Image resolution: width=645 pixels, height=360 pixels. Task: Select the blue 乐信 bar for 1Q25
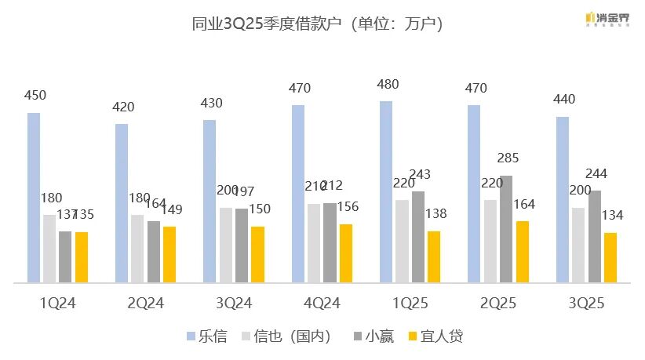[x=386, y=192]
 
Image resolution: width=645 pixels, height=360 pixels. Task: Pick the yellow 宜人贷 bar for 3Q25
[x=610, y=257]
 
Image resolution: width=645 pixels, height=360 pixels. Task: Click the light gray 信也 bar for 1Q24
[x=49, y=248]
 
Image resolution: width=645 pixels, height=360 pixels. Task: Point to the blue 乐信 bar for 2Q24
[x=122, y=203]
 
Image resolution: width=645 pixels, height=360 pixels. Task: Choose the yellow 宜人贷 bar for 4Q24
[x=346, y=253]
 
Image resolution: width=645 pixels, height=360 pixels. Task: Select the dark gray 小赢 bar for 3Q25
[x=596, y=236]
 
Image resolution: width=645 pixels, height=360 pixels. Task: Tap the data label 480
[x=388, y=85]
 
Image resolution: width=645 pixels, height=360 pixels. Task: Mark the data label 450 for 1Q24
[x=35, y=96]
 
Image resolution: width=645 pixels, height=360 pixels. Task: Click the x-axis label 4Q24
[x=322, y=303]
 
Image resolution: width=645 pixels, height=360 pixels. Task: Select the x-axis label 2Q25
[x=498, y=303]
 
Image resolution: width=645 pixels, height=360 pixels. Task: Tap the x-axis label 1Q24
[x=57, y=303]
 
